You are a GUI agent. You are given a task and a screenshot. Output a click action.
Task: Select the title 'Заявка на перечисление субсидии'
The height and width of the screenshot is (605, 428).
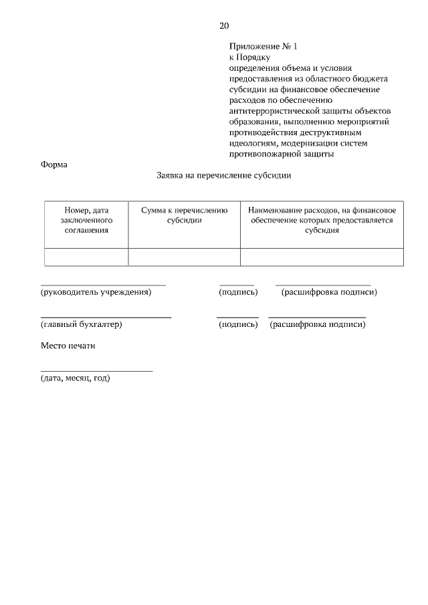click(x=224, y=176)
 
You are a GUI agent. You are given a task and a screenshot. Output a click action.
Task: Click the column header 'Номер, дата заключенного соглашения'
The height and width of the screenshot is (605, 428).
click(x=86, y=220)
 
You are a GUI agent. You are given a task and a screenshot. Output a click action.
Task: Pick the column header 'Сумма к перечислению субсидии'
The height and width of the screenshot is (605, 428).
click(x=184, y=215)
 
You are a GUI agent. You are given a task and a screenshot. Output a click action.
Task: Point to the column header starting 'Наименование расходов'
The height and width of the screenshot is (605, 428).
click(x=322, y=220)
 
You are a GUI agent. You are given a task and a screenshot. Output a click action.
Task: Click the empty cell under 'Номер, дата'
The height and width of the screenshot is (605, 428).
click(x=86, y=257)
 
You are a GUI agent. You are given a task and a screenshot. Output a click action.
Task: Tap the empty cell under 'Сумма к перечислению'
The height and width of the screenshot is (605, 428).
click(x=184, y=257)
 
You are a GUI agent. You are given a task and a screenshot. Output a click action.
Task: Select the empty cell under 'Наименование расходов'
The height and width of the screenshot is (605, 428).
click(x=322, y=257)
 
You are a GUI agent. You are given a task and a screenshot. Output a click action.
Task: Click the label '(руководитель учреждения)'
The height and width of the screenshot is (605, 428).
click(x=96, y=292)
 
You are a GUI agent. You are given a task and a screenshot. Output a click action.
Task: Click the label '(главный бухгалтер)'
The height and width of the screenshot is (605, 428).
click(x=81, y=324)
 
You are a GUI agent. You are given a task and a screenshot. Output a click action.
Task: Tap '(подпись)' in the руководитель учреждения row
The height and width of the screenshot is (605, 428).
click(x=238, y=292)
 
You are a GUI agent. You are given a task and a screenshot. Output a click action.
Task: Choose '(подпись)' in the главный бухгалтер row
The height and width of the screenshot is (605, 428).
click(x=238, y=324)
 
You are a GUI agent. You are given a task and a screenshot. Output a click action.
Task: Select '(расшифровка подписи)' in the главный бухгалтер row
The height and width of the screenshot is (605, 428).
click(x=317, y=324)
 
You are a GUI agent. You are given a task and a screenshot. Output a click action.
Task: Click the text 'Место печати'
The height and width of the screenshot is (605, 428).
click(x=68, y=346)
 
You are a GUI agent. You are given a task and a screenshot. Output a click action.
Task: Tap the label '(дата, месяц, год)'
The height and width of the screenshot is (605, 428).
click(x=75, y=378)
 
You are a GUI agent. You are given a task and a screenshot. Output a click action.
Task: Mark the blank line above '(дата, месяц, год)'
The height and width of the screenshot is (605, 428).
click(x=96, y=370)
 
